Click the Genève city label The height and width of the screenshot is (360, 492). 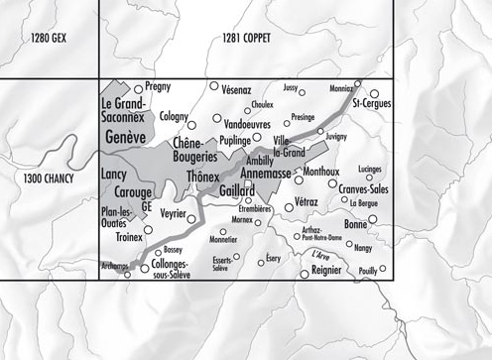click(x=124, y=136)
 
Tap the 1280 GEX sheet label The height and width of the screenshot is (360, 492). click(x=53, y=39)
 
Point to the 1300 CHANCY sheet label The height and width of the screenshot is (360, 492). click(x=51, y=180)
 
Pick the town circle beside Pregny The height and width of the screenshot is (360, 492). click(x=137, y=88)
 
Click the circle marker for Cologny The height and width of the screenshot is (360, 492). click(x=190, y=125)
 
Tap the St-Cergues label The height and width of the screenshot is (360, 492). click(x=371, y=103)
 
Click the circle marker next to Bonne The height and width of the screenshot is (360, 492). click(x=376, y=225)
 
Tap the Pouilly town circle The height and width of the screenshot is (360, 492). click(x=382, y=269)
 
